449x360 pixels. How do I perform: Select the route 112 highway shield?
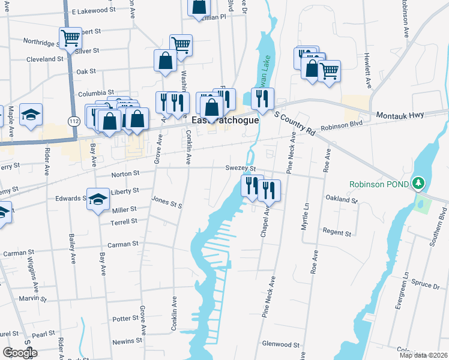click(x=71, y=121)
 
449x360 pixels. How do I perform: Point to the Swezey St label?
click(x=241, y=169)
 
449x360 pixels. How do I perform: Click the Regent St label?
click(x=337, y=232)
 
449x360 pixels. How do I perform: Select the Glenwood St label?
click(x=281, y=344)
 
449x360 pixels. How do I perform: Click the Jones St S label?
click(x=166, y=203)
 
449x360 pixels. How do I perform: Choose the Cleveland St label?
click(x=45, y=59)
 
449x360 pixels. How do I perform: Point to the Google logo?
click(x=20, y=353)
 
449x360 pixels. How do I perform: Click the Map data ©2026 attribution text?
click(x=423, y=355)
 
